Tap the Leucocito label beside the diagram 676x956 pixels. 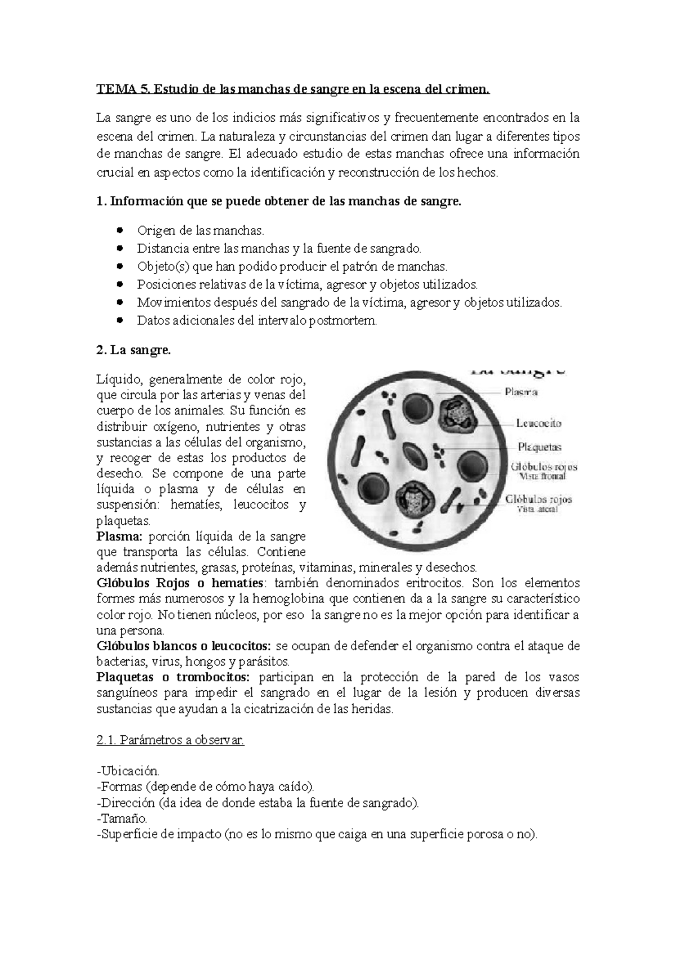[539, 423]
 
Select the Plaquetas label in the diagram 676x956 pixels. [540, 447]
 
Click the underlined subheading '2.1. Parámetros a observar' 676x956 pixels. [171, 740]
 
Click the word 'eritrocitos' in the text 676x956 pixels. [434, 583]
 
